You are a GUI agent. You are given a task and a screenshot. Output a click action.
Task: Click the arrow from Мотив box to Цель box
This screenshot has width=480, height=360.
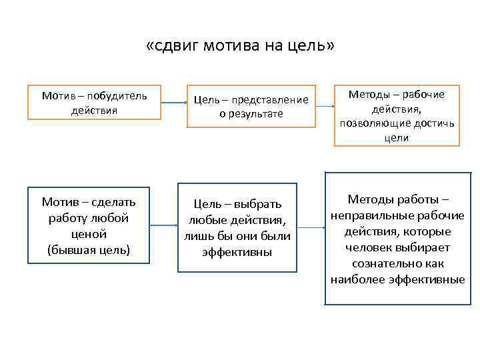click(x=173, y=103)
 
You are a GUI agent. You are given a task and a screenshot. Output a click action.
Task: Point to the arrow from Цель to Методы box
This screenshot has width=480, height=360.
click(x=323, y=103)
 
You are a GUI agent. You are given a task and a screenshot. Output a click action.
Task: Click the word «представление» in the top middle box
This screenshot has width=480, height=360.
click(x=272, y=100)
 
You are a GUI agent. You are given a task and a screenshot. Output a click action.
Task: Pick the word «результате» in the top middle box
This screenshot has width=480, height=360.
click(x=256, y=114)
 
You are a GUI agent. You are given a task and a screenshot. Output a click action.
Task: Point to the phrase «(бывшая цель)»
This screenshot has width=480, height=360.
click(x=89, y=249)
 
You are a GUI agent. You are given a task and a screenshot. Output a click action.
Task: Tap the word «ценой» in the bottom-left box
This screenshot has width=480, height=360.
click(x=89, y=233)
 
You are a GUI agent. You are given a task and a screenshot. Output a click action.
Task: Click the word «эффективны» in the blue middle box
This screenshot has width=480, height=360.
click(x=237, y=252)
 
